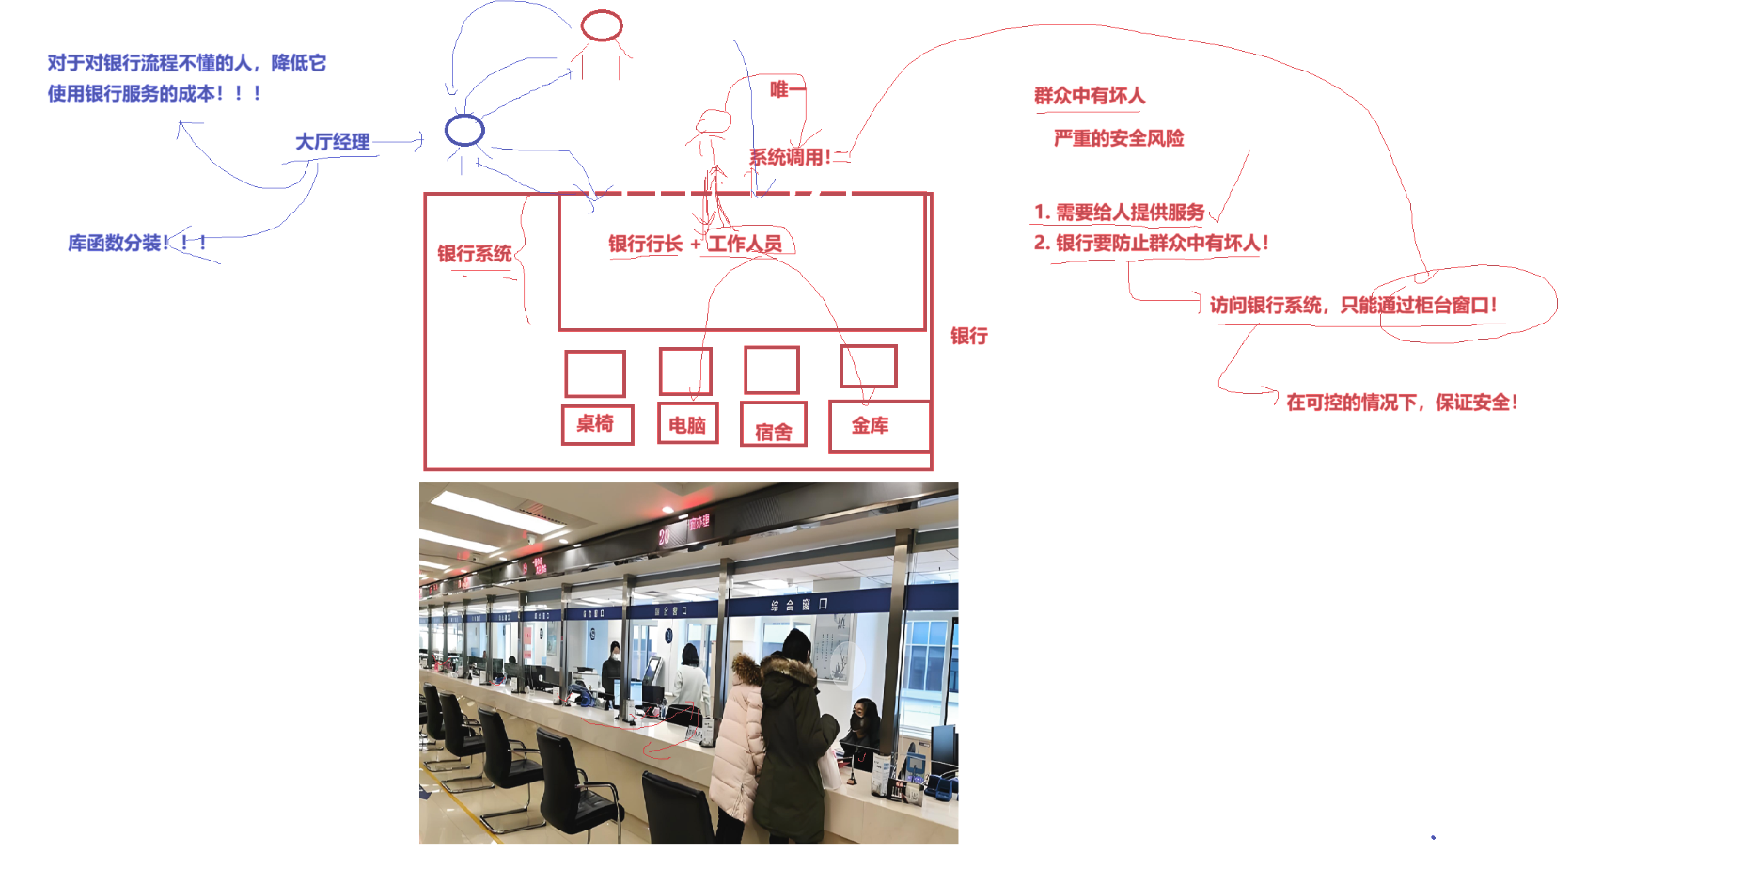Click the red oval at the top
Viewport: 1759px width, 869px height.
point(602,25)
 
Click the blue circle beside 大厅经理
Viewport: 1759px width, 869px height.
point(464,130)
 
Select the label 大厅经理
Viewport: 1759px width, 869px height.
point(333,142)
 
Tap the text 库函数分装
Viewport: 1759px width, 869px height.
point(116,243)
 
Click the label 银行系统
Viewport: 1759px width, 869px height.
point(475,254)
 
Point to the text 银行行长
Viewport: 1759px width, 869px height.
point(645,244)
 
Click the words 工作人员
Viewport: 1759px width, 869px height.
point(746,244)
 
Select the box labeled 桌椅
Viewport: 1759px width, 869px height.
point(597,424)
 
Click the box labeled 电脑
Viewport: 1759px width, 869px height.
point(687,424)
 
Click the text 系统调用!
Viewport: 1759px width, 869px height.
point(790,157)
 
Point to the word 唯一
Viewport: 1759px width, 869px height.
point(787,89)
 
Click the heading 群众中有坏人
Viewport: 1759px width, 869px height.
point(1090,96)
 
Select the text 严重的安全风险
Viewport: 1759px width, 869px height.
point(1119,138)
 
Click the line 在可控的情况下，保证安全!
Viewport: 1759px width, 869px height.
point(1402,403)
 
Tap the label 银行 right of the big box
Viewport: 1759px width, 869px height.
point(969,336)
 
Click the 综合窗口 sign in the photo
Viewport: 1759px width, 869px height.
point(798,605)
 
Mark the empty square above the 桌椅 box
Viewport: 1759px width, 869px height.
point(595,373)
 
